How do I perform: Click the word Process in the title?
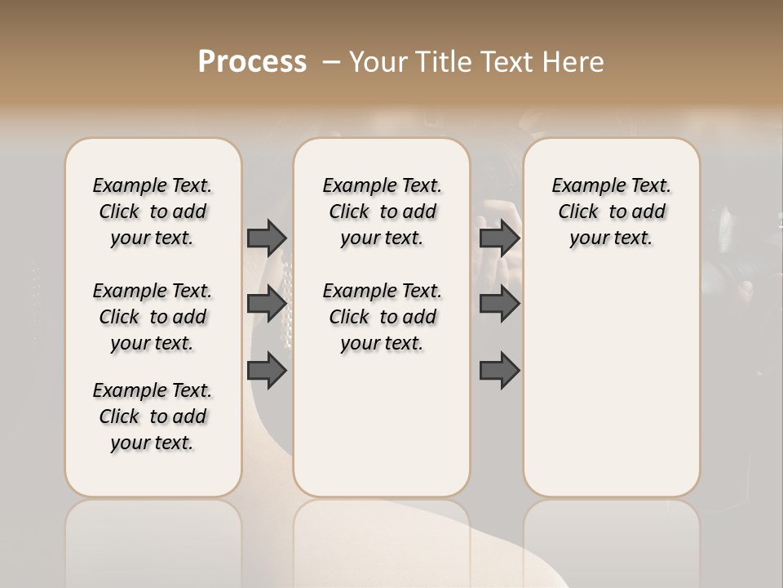252,62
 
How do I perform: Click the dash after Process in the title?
330,63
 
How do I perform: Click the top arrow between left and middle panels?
267,238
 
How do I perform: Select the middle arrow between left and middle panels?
267,305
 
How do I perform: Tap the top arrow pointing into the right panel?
499,238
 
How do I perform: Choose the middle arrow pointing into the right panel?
499,305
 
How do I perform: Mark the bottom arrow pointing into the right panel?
499,371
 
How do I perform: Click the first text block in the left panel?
153,212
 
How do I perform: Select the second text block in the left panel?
153,317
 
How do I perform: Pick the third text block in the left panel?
153,416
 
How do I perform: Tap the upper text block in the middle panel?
382,212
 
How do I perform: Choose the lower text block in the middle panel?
382,317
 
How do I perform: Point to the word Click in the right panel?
578,212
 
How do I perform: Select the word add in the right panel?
648,212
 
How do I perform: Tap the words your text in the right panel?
611,238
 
